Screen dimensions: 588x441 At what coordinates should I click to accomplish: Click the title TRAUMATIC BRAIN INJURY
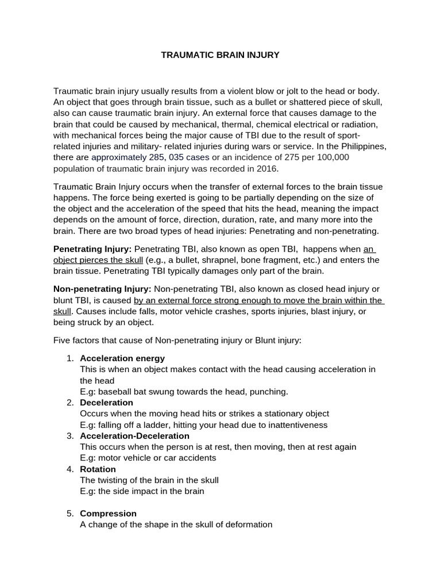[220, 55]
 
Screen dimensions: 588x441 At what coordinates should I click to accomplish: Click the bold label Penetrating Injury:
[92, 249]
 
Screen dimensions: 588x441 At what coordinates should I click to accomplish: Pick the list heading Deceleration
[106, 403]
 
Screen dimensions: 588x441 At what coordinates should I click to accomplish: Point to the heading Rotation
[98, 469]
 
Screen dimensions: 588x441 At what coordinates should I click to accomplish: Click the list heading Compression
[108, 513]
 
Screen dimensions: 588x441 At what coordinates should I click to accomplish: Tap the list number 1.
[69, 358]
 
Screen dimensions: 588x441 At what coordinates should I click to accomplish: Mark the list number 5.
[69, 513]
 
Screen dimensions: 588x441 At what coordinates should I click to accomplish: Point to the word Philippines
[364, 146]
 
